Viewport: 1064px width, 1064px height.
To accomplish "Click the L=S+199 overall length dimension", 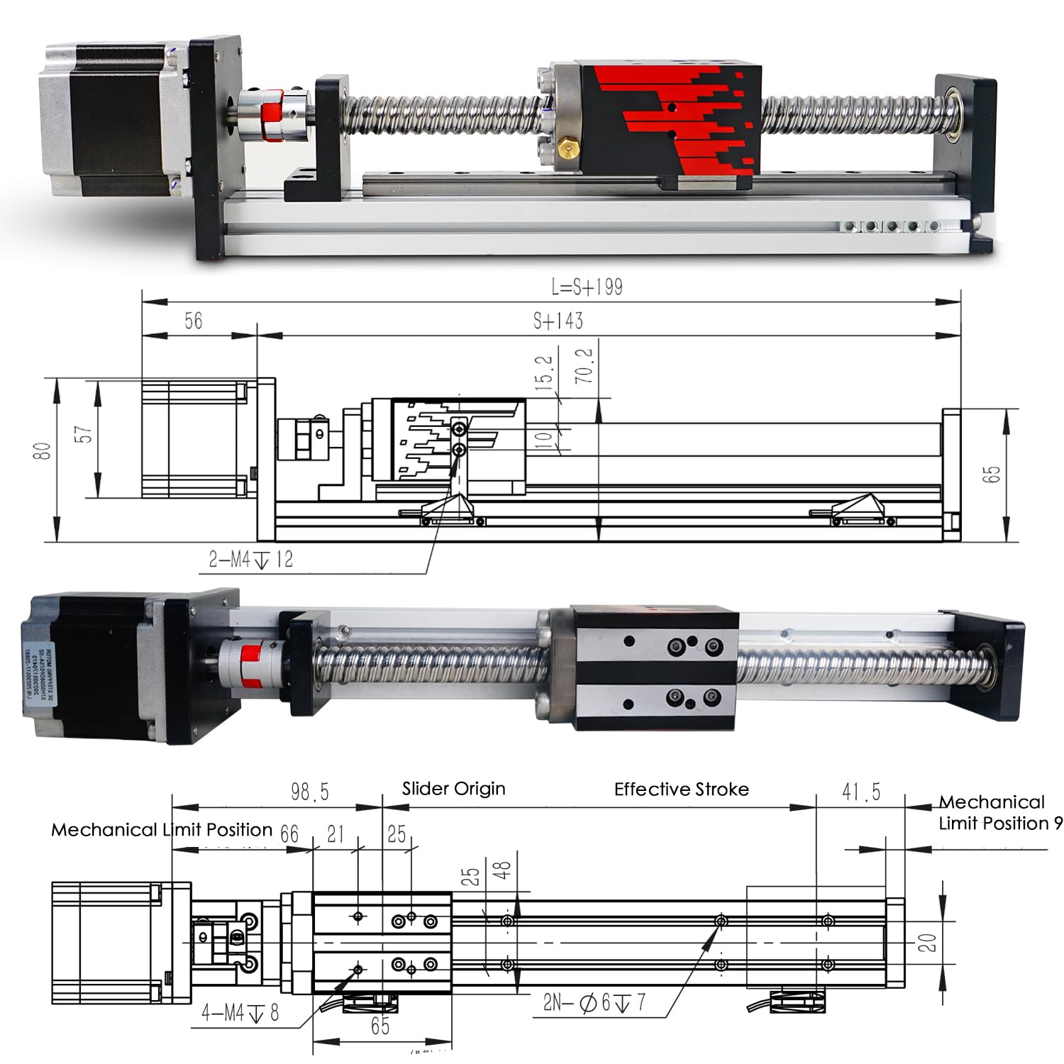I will (x=587, y=287).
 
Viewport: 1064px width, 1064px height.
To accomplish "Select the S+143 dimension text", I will (x=558, y=321).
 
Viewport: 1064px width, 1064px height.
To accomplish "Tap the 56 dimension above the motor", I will (x=193, y=321).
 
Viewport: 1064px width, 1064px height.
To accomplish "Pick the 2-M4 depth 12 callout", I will (x=250, y=560).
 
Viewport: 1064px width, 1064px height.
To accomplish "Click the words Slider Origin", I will (x=453, y=789).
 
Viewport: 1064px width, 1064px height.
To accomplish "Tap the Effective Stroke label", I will (x=681, y=789).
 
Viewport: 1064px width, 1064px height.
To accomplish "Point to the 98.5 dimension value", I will (x=310, y=792).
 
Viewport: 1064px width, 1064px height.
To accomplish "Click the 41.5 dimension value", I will (x=860, y=792).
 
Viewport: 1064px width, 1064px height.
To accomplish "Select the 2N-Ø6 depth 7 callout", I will (x=594, y=1003).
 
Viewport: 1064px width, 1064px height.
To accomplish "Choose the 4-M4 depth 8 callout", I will (x=240, y=1013).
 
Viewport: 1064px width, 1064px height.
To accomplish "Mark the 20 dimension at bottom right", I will (x=928, y=943).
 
